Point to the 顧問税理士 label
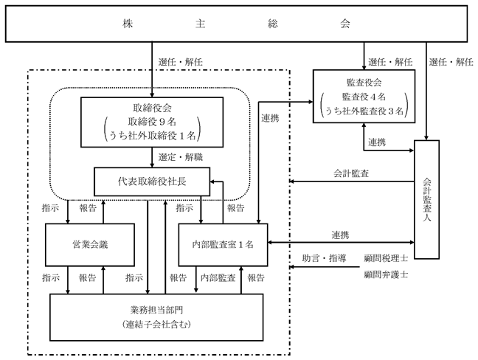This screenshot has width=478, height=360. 386,258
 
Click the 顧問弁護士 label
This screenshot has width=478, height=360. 386,274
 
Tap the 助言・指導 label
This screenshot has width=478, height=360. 324,258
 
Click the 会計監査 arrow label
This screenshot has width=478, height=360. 351,173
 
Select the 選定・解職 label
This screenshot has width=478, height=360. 181,157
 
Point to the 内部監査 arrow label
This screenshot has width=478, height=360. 218,277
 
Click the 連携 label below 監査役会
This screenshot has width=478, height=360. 377,142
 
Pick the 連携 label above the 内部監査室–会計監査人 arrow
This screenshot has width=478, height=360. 340,235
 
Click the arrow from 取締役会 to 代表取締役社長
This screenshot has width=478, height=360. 152,157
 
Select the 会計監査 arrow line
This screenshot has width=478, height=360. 351,181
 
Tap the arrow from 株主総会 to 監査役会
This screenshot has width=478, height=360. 364,56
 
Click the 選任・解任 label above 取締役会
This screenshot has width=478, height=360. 181,62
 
